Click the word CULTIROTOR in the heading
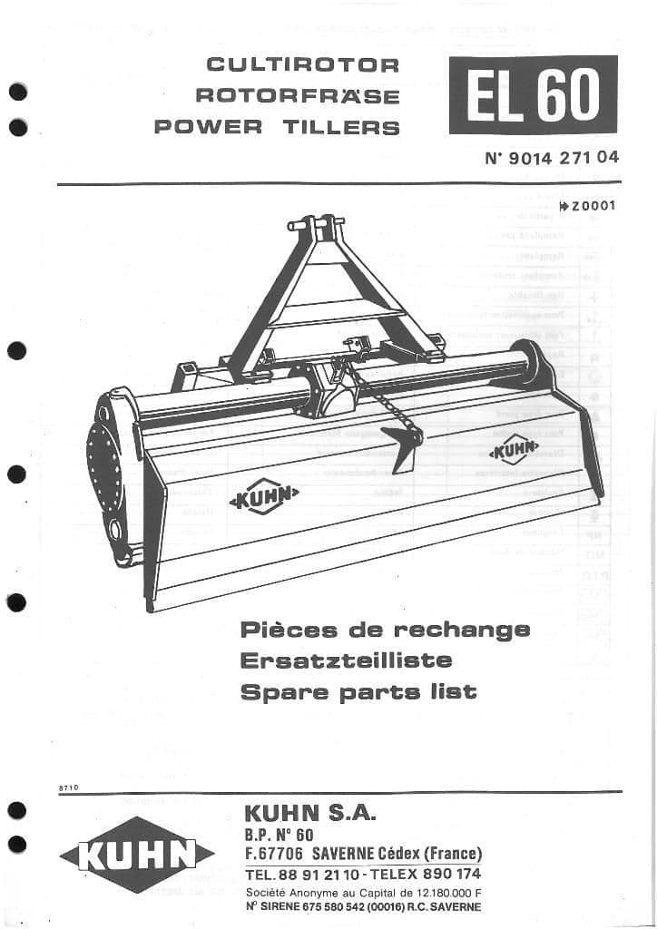303,65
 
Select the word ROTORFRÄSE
298,96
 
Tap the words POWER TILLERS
277,127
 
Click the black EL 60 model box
533,94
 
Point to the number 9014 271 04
564,157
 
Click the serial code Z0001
593,205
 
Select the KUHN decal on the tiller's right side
514,449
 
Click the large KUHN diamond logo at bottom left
136,854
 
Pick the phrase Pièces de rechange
385,630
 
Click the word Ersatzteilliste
346,660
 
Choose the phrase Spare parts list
358,692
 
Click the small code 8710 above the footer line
68,788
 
